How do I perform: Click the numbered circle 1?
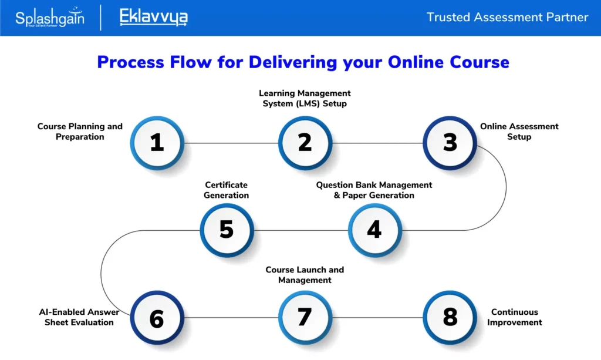[x=157, y=143]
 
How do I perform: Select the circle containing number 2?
[x=305, y=143]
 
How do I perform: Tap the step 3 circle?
[x=450, y=143]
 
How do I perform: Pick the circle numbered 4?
[x=375, y=230]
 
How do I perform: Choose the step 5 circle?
[x=227, y=230]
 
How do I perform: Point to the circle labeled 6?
[x=157, y=318]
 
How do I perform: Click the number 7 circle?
[x=305, y=318]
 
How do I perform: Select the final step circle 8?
[x=450, y=318]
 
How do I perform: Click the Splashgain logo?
[x=50, y=18]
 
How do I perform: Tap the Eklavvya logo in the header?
[x=154, y=17]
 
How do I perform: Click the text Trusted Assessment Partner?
[x=507, y=17]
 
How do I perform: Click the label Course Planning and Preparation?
[x=80, y=132]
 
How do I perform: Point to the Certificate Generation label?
[x=226, y=190]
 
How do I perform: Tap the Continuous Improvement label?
[x=514, y=317]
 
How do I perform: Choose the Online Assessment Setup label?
[x=519, y=132]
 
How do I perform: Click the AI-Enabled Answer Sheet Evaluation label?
[x=79, y=317]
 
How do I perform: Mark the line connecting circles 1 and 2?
[x=231, y=143]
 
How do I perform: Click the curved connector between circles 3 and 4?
[x=506, y=187]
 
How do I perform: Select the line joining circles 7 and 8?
[x=377, y=318]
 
